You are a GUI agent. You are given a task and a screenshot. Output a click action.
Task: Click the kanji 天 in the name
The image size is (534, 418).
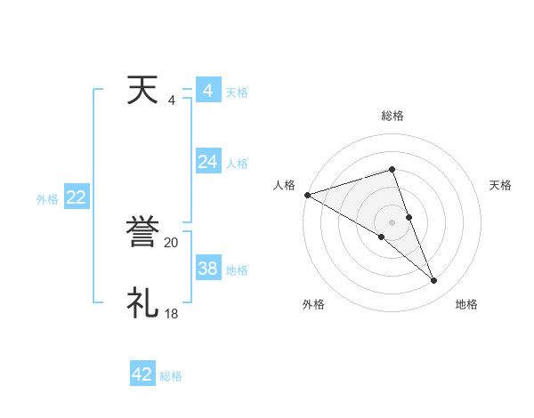coord(142,91)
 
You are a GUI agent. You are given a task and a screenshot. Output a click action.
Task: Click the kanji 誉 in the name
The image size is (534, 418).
coord(142,231)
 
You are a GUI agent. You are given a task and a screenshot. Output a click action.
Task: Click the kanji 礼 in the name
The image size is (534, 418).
coord(142,302)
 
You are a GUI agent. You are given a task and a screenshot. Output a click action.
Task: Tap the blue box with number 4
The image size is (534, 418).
coord(207,91)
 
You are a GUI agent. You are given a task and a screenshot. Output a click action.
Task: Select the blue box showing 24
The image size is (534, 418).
coord(207,161)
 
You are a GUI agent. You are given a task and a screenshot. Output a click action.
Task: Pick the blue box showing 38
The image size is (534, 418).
coord(207,268)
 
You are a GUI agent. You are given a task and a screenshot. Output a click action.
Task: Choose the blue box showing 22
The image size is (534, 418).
coord(76,197)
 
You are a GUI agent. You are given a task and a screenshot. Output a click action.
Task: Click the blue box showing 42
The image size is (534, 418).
coord(142,374)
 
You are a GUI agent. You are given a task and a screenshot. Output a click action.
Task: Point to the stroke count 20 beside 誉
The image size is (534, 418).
coord(171,242)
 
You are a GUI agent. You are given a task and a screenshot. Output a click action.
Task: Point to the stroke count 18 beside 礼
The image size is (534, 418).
coord(171,313)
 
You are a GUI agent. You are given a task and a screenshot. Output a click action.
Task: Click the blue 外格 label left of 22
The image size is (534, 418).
coord(47,199)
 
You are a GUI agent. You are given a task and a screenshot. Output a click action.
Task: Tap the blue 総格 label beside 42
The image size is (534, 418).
coord(171,376)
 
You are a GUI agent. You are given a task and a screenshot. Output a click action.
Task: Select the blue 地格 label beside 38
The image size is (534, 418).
coord(237,269)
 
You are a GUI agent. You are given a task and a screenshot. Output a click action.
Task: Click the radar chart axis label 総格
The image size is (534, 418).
coord(392,116)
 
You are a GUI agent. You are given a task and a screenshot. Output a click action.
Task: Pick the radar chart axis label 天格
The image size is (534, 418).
coord(501,185)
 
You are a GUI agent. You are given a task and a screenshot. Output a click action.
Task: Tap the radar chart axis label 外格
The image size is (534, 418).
coord(313,304)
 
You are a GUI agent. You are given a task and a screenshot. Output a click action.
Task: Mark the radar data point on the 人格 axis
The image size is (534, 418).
coord(307,194)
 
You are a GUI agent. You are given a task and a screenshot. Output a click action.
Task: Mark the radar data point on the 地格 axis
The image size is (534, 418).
coord(434,280)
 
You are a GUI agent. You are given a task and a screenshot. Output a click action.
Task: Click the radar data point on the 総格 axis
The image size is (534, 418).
coord(392,169)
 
